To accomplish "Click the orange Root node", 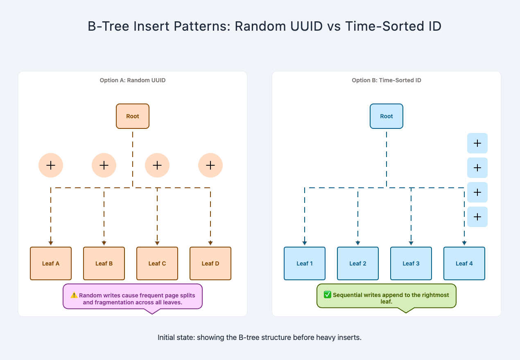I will pos(133,116).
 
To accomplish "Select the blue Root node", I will pos(387,116).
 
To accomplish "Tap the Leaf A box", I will pos(51,263).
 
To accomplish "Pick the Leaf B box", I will pos(104,263).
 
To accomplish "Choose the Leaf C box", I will pos(157,263).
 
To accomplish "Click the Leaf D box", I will pos(210,263).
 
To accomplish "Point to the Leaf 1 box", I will pos(305,263).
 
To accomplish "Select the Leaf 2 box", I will pos(358,263).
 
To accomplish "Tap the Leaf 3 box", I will pos(411,263).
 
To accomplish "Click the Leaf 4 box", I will pos(464,263).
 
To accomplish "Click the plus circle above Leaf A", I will pos(51,165).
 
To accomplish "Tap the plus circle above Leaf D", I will pos(210,165).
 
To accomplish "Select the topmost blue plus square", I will pos(477,143).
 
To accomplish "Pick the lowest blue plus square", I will pos(477,217).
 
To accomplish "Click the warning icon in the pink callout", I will pos(74,295).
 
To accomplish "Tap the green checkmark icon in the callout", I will pos(328,295).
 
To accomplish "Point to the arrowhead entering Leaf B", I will pos(104,243).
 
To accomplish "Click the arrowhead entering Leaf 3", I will pos(411,243).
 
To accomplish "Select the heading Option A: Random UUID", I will pos(133,81).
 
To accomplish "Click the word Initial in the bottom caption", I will pos(166,338).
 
